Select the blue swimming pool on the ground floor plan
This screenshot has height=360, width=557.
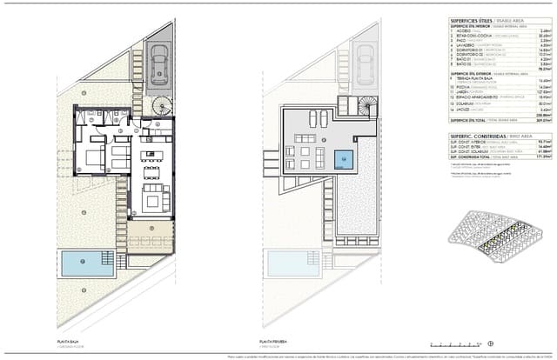[x=89, y=263]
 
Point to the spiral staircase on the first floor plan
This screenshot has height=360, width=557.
[x=368, y=105]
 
